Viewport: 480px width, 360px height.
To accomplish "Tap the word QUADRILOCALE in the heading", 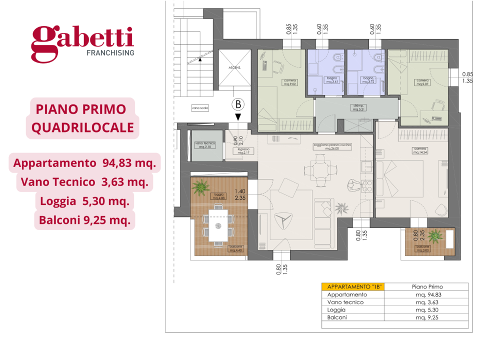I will point(83,128).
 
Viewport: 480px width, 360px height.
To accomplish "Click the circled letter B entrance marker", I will point(238,104).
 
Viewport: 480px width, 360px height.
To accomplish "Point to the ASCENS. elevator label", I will point(235,66).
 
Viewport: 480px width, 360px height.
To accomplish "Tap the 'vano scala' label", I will point(199,107).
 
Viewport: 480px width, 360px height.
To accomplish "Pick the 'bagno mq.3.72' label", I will point(368,80).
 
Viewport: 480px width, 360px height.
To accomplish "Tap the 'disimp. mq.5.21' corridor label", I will point(358,107).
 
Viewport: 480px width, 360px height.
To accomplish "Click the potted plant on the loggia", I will point(201,188).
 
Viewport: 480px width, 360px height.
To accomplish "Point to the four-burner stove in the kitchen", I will point(367,186).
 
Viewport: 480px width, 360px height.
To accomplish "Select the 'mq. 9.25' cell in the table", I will point(426,317).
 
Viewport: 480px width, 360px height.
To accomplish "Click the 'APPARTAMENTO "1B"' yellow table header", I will point(353,286).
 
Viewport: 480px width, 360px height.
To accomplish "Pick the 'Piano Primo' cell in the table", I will point(427,286).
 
